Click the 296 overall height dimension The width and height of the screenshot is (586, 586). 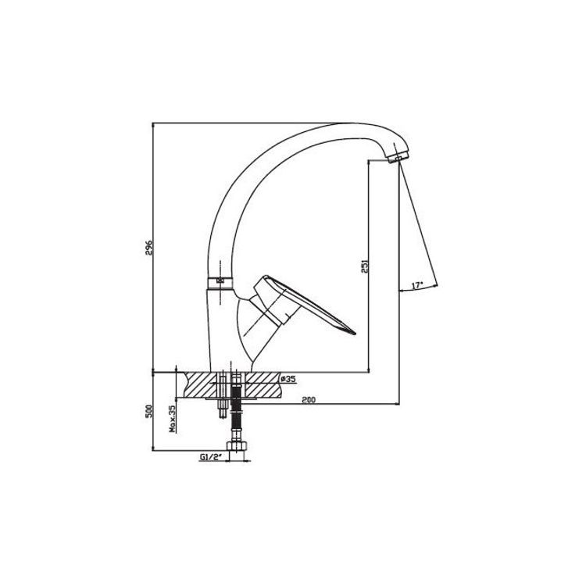point(148,248)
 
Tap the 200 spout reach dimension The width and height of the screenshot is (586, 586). point(309,400)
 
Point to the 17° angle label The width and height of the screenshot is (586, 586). point(416,285)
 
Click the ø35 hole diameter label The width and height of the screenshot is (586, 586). point(288,379)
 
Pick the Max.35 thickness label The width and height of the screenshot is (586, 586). point(173,419)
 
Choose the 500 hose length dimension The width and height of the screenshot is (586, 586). point(148,412)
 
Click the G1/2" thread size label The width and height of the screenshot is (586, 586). point(211,457)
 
